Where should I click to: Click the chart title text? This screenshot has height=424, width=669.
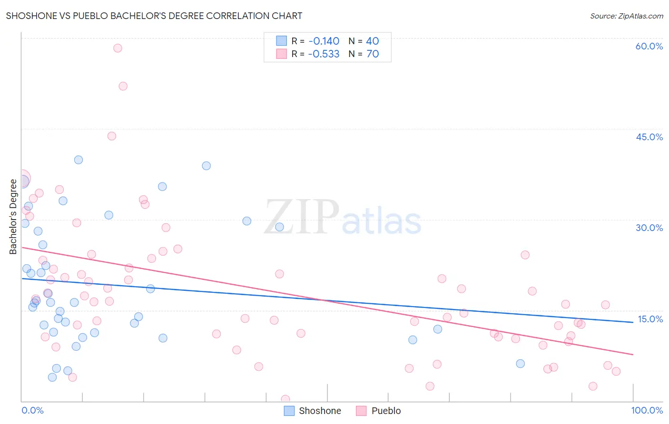click(x=154, y=16)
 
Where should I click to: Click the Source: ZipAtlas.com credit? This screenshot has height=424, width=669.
click(x=627, y=16)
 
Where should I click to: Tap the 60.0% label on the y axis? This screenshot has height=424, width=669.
click(x=649, y=46)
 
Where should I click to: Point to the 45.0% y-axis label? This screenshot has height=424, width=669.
click(x=649, y=137)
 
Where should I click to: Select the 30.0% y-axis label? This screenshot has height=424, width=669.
click(x=649, y=228)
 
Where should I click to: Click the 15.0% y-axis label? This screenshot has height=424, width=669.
click(x=650, y=319)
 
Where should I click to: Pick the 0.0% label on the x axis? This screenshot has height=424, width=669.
click(x=32, y=410)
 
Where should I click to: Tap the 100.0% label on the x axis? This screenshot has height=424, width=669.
click(x=647, y=410)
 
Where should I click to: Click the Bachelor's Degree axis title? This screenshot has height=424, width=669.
click(x=13, y=217)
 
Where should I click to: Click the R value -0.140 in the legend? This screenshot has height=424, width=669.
click(x=324, y=41)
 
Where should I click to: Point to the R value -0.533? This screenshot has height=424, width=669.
click(x=324, y=54)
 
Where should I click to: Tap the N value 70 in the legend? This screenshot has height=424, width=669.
click(x=373, y=54)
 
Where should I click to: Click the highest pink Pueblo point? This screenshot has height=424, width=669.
click(x=118, y=48)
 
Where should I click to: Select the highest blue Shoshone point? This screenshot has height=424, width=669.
click(x=79, y=160)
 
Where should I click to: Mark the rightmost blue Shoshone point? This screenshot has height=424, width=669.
click(x=520, y=364)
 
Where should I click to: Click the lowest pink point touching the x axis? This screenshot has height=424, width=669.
click(x=285, y=399)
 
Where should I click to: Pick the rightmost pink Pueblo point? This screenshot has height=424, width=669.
click(x=616, y=371)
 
